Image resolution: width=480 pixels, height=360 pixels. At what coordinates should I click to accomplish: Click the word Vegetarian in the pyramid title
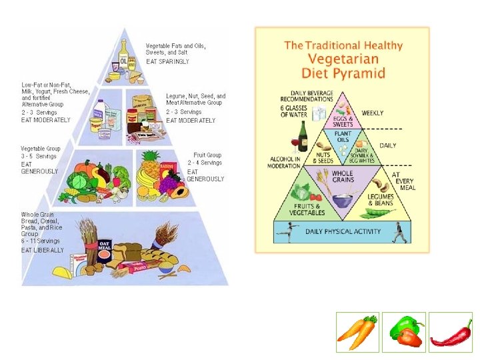coord(342,59)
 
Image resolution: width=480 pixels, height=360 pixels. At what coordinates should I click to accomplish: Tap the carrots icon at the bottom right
coord(357,331)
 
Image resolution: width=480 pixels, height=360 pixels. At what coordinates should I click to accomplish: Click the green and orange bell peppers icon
coord(404,331)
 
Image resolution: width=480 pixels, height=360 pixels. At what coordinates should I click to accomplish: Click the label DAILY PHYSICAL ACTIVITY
coord(343,232)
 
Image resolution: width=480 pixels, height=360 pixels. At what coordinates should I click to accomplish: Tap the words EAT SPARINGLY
coord(168,61)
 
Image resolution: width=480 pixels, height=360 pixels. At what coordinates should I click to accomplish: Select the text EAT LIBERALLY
coord(43,250)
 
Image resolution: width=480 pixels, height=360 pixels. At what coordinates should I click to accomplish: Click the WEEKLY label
coord(373,113)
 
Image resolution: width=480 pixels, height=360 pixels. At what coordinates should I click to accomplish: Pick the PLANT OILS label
coord(343,137)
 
